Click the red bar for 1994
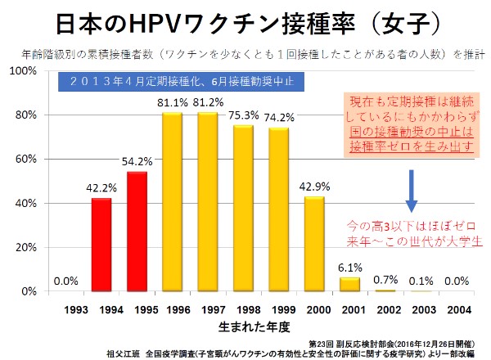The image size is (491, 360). (x=101, y=245)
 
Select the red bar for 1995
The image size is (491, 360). (x=137, y=232)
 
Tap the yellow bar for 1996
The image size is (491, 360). (x=172, y=202)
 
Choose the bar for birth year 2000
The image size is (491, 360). (x=314, y=244)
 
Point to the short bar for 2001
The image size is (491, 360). (x=349, y=284)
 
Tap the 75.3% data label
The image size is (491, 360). (x=243, y=115)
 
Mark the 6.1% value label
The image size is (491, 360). (x=349, y=268)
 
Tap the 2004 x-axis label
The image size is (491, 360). (x=457, y=311)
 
